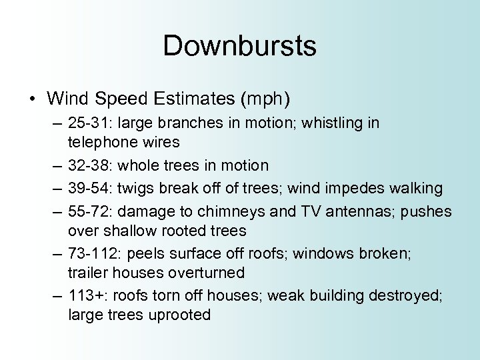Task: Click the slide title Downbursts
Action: coord(239,46)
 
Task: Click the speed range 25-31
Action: coord(91,124)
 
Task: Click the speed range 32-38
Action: coord(91,165)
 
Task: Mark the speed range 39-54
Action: coord(91,189)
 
